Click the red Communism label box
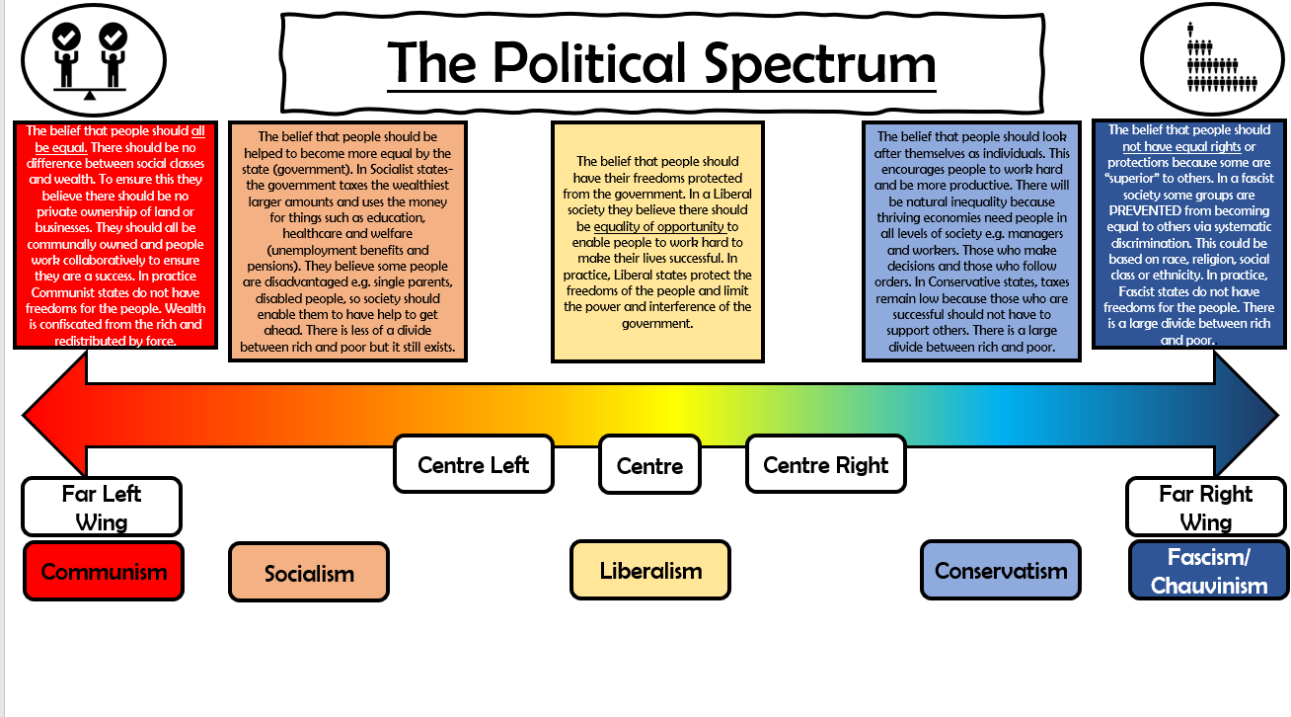(104, 571)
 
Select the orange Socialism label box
(309, 572)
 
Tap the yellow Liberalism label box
(650, 570)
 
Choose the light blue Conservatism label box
(1001, 570)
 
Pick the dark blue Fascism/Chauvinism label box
(1208, 570)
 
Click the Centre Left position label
(473, 464)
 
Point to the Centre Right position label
(826, 464)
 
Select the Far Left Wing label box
(102, 507)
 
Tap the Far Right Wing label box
(1206, 507)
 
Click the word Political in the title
(589, 62)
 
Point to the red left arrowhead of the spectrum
(54, 415)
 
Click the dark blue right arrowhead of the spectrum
(1246, 415)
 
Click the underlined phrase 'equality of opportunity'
(658, 227)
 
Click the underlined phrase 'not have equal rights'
(1180, 146)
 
